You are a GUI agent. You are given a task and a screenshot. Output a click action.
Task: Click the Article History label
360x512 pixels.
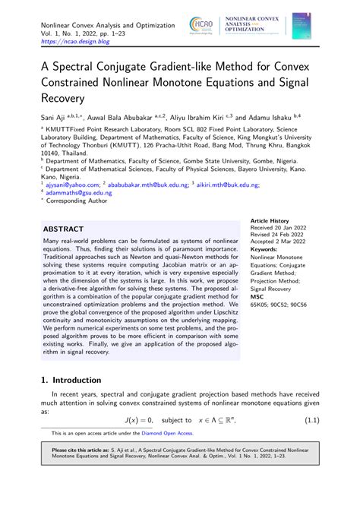click(x=271, y=220)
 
